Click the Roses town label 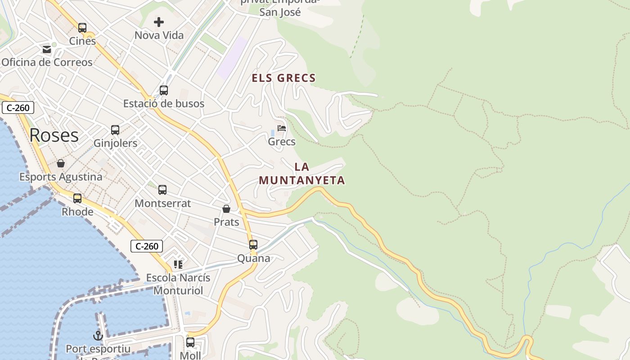54,135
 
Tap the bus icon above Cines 82,28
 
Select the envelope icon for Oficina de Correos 47,49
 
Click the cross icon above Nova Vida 159,22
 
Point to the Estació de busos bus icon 164,90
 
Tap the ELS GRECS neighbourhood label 283,78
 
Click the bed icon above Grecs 282,128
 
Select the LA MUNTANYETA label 302,174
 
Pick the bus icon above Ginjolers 115,130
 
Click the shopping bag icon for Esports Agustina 61,163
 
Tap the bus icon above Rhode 77,198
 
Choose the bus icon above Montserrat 162,190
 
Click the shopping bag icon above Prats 226,209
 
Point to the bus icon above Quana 253,245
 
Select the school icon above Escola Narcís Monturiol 178,265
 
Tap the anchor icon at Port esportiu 98,335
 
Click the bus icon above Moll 190,342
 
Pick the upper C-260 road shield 18,108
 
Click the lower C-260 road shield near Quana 147,246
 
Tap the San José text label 280,12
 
